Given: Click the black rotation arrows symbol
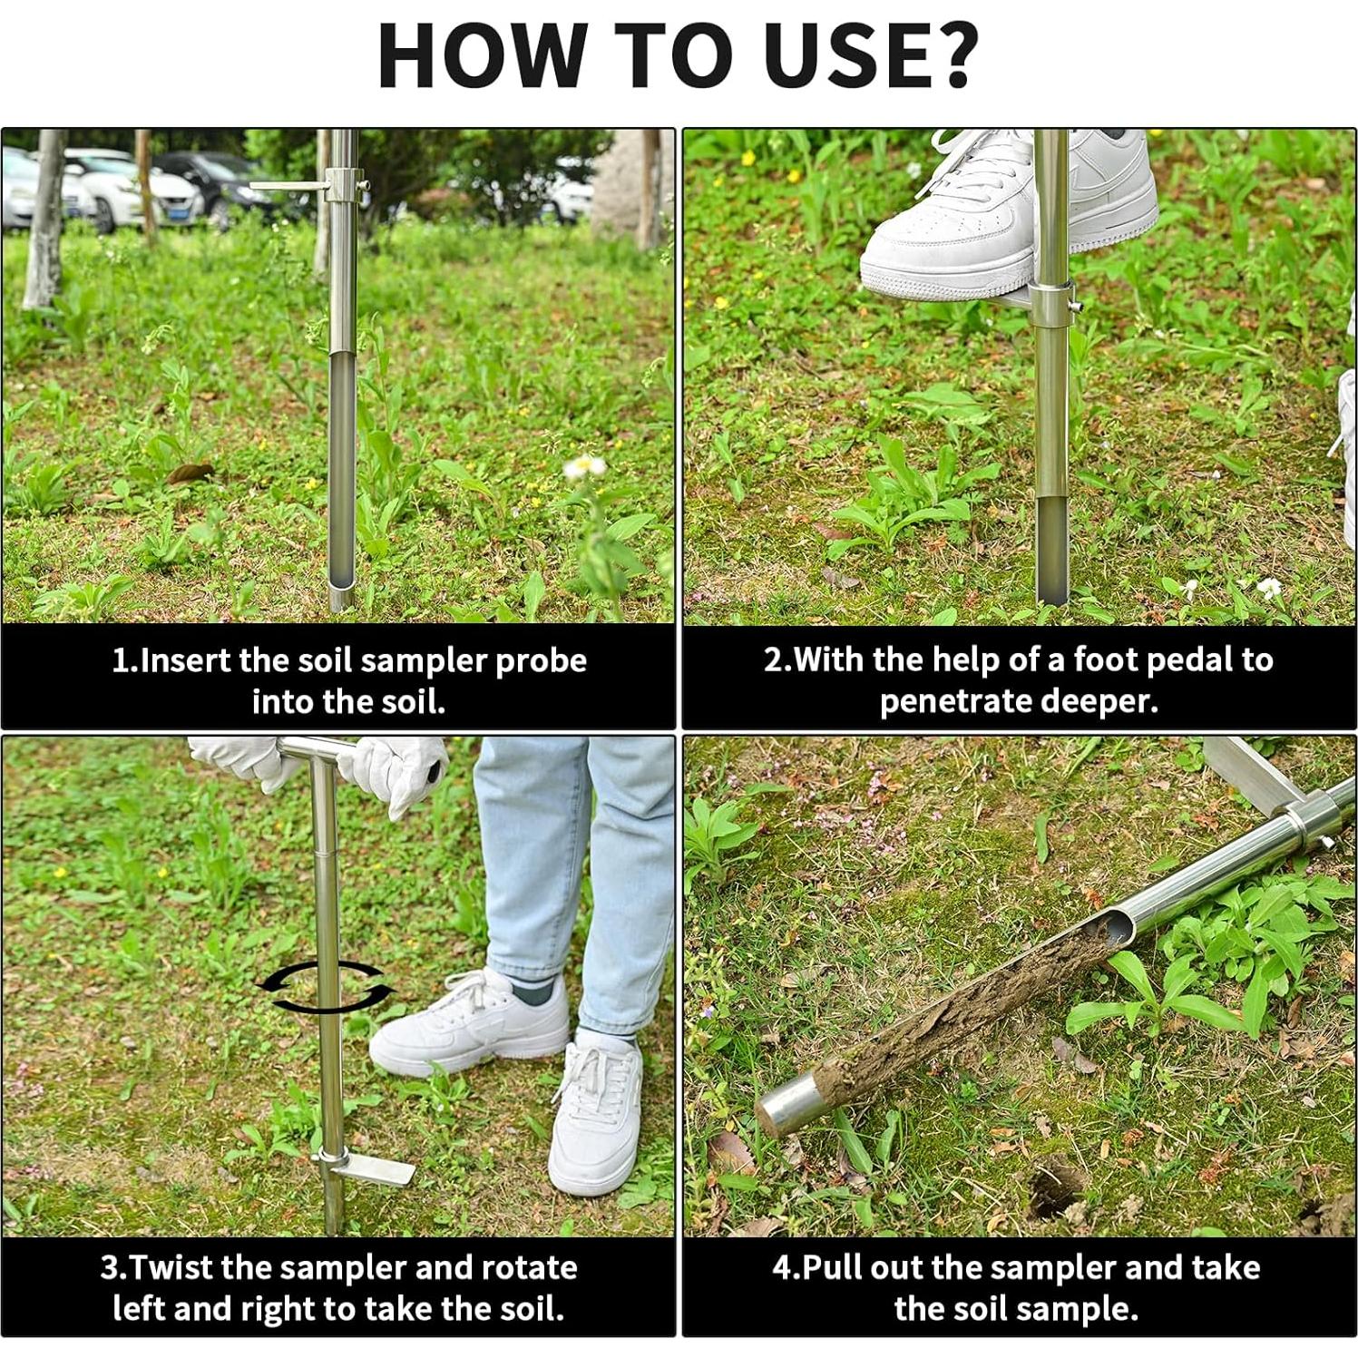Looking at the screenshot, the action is [x=325, y=987].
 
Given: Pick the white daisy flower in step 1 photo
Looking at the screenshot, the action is [x=584, y=467].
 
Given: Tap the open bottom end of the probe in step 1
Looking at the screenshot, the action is [x=341, y=599].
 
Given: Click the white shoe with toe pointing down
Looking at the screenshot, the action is [x=594, y=1116].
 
